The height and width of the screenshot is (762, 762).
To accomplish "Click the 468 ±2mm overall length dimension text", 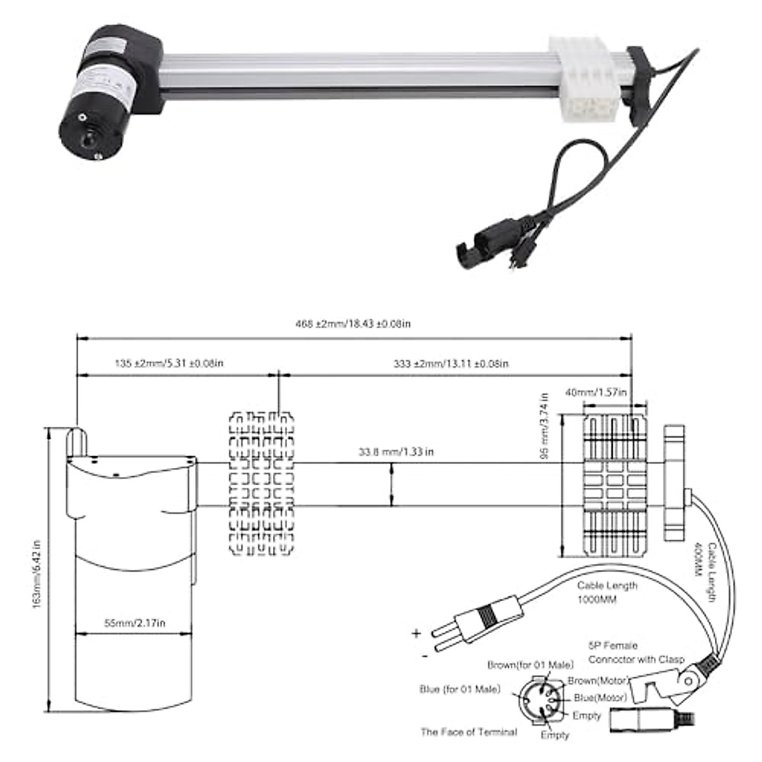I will (x=353, y=324).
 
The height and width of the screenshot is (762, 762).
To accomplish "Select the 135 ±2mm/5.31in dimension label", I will (x=169, y=364).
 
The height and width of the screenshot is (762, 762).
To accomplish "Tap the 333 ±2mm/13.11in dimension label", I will (x=450, y=364).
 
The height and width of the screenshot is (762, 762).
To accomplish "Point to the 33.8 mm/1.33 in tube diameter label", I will (x=396, y=452).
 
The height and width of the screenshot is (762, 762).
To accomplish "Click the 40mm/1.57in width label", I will (x=596, y=393).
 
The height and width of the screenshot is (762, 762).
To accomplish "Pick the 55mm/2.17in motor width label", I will (x=135, y=623).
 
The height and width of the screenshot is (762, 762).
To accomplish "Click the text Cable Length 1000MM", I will (x=606, y=592).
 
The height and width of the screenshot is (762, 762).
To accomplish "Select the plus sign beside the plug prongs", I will (x=417, y=632).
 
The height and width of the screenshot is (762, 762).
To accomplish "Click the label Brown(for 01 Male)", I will (x=530, y=665).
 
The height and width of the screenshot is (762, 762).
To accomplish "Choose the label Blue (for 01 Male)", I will (x=460, y=689).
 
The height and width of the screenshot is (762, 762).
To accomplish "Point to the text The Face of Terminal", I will (x=469, y=732).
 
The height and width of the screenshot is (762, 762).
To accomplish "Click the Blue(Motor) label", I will (x=600, y=697).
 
